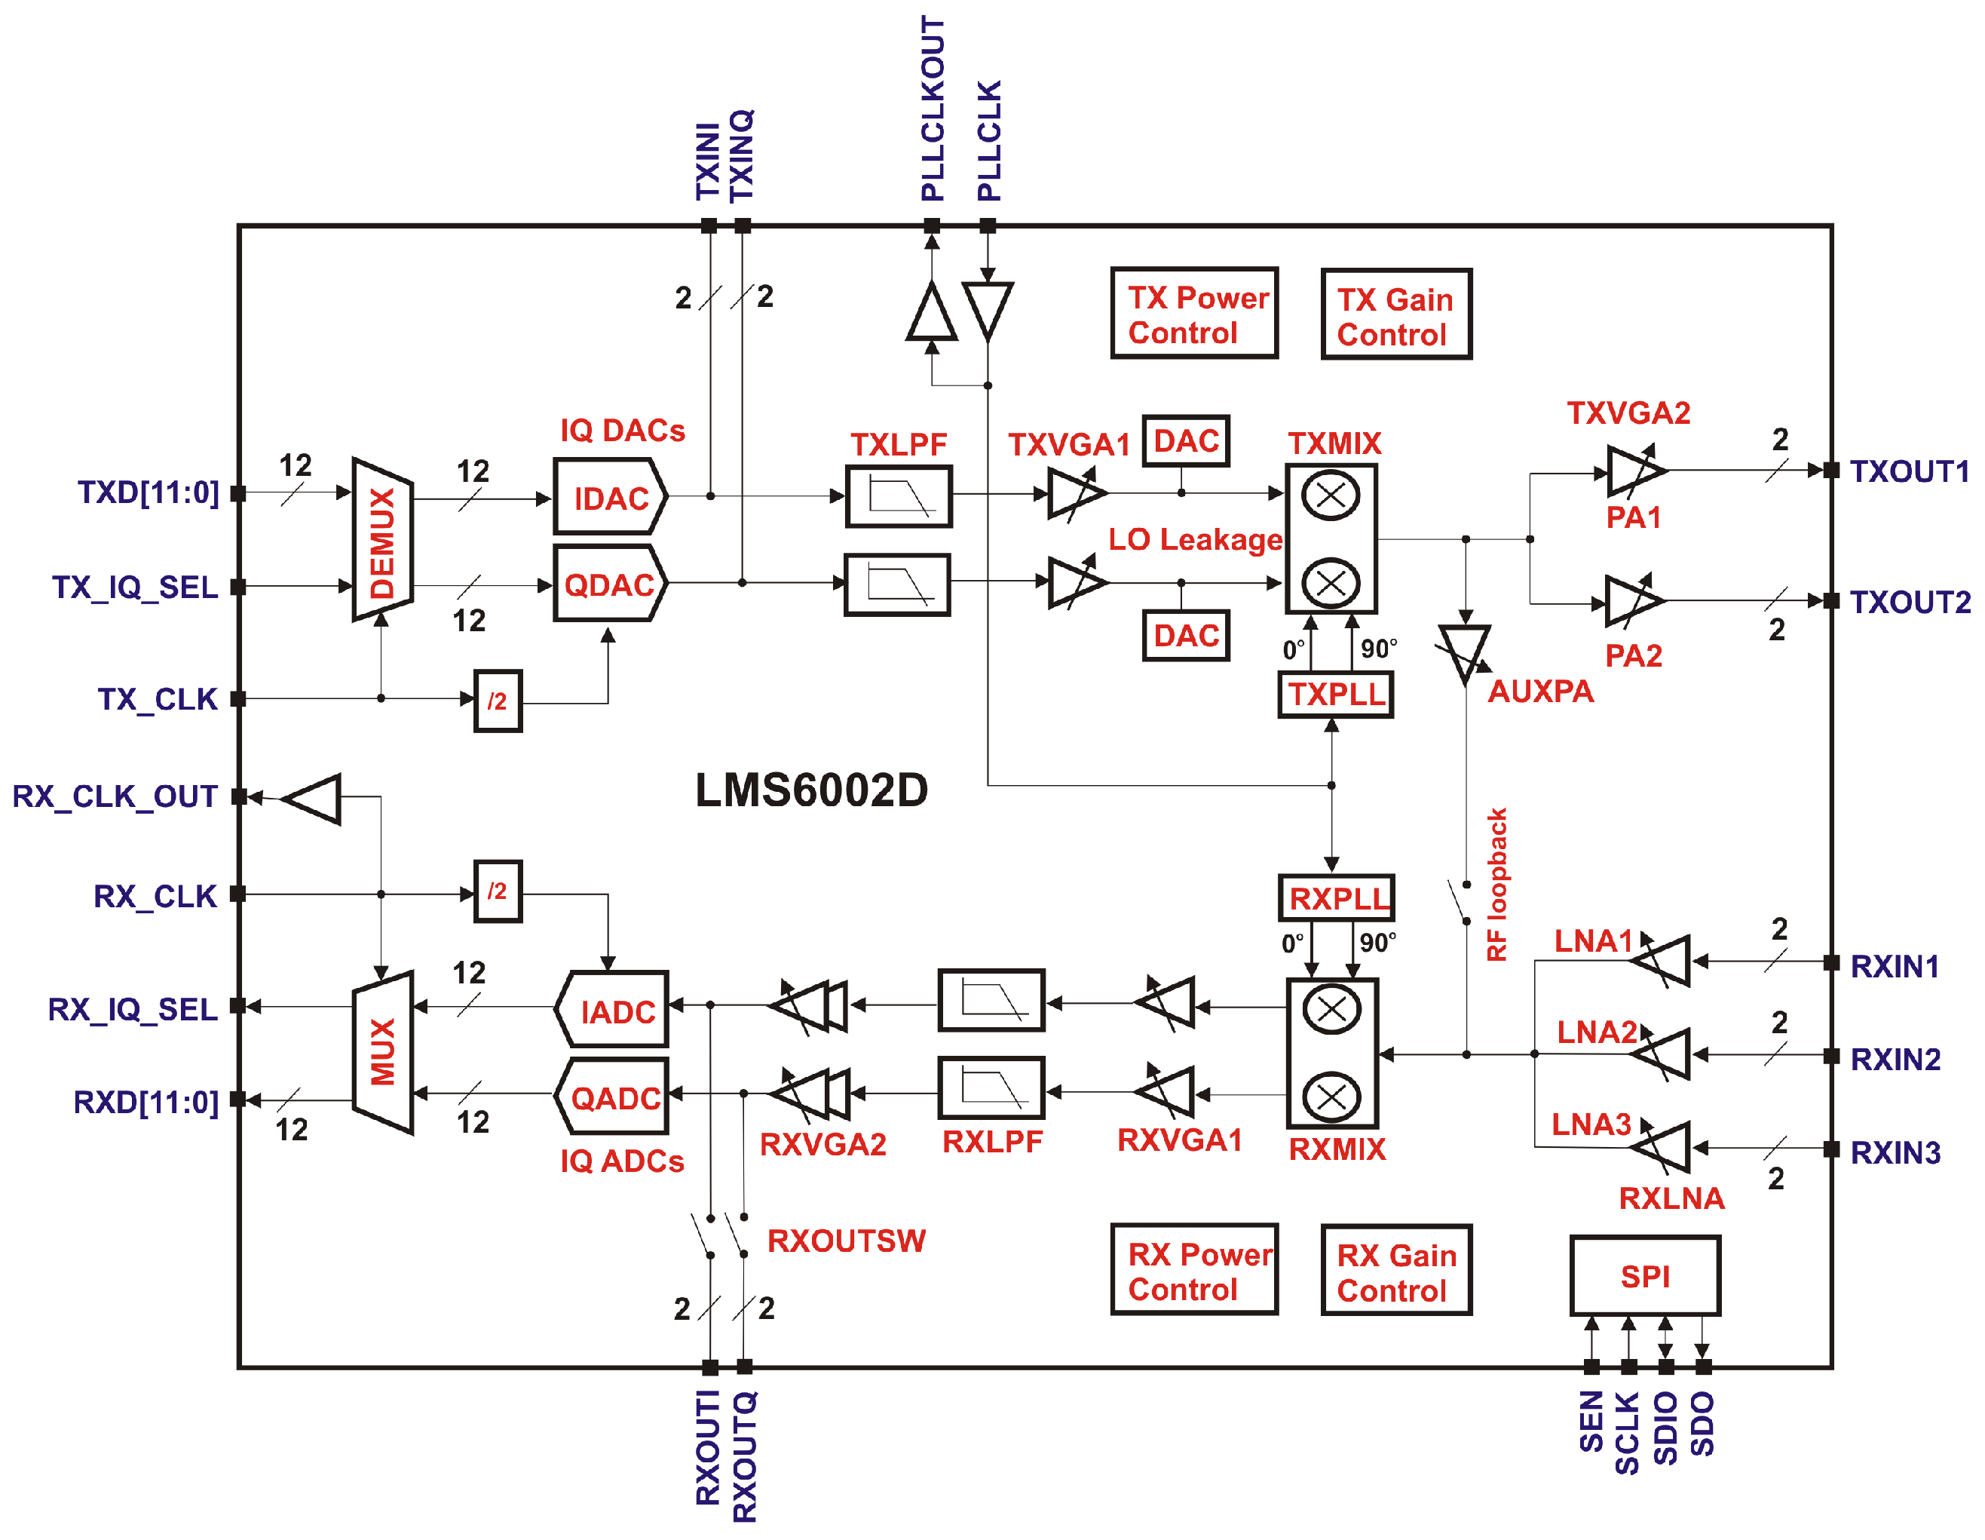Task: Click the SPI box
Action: click(x=1644, y=1276)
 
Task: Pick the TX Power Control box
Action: click(x=1194, y=314)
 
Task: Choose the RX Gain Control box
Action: click(x=1395, y=1271)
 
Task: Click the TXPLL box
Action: click(x=1335, y=695)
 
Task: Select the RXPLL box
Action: click(x=1336, y=898)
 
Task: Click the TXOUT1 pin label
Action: click(x=1910, y=472)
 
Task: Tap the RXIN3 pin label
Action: click(x=1895, y=1152)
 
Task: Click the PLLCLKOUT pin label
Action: click(x=933, y=109)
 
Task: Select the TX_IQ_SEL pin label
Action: click(x=134, y=587)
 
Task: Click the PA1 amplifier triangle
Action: click(x=1633, y=471)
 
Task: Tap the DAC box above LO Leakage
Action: click(x=1185, y=442)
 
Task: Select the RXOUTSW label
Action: click(x=846, y=1241)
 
